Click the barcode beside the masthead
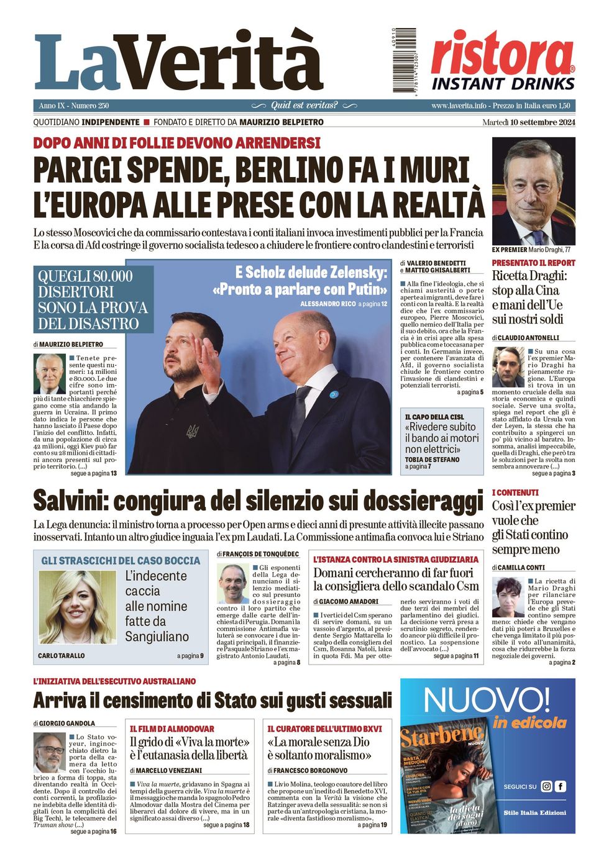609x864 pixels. pos(404,60)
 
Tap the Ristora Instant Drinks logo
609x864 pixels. pos(503,60)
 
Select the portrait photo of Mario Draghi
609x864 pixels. pos(533,191)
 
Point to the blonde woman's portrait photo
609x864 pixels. pos(77,607)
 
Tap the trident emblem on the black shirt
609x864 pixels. pos(193,431)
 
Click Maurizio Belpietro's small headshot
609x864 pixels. pos(50,373)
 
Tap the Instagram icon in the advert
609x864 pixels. pos(546,786)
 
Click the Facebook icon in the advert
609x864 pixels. pos(561,786)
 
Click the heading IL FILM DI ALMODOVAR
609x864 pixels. pos(172,729)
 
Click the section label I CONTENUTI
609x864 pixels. pos(515,493)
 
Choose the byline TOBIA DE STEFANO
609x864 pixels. pos(433,460)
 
